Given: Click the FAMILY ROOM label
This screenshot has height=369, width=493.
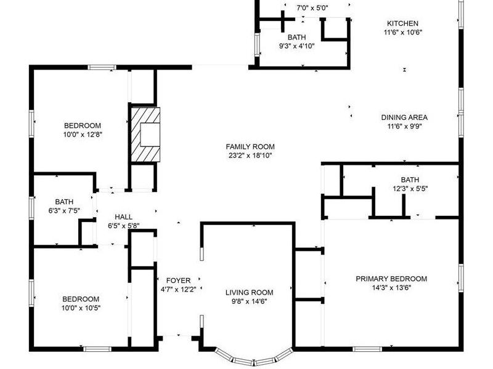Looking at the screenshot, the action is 250,146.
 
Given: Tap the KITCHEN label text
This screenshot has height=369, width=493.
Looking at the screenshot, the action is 402,23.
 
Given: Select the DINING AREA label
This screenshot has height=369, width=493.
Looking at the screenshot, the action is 404,117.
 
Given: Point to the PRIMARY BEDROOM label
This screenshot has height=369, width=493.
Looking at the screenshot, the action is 391,279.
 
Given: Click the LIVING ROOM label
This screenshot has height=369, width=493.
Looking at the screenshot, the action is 250,293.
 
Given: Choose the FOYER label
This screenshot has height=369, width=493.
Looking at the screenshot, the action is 178,280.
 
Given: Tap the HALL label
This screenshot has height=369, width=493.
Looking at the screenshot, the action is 124,217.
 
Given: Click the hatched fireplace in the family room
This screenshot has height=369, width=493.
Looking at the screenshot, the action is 145,135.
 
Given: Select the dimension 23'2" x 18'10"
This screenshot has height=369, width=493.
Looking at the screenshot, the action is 250,156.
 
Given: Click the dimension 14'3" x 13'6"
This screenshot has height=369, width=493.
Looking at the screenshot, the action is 391,288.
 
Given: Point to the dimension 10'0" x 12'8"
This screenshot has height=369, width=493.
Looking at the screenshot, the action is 83,135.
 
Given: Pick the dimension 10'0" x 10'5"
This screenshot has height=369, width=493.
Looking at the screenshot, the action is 81,308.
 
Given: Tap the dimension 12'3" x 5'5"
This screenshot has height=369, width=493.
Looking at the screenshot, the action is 410,189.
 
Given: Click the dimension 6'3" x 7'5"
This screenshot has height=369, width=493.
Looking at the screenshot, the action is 64,210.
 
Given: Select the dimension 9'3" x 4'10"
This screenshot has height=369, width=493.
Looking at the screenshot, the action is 297,46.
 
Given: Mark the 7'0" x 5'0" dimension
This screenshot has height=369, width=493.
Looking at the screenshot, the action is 312,8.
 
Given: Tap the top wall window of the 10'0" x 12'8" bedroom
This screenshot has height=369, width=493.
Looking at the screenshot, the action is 102,67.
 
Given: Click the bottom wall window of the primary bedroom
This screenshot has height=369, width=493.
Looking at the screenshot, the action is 367,349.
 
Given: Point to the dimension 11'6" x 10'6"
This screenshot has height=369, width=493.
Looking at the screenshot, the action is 403,33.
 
